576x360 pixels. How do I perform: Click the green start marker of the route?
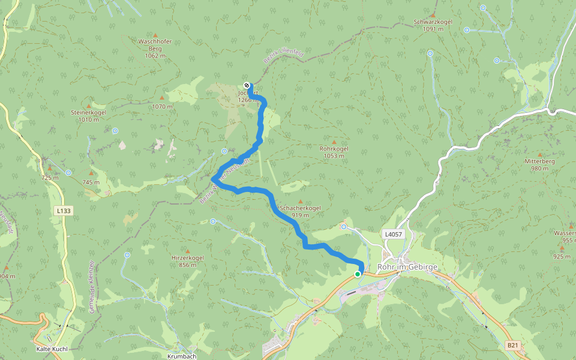pyautogui.click(x=358, y=274)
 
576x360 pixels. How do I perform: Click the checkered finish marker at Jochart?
pyautogui.click(x=247, y=86)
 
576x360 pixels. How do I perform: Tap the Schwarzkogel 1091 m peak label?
pyautogui.click(x=433, y=25)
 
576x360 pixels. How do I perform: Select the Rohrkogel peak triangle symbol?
pyautogui.click(x=334, y=142)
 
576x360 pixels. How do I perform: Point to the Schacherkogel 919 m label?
pyautogui.click(x=300, y=211)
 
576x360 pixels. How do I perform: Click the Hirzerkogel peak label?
pyautogui.click(x=187, y=261)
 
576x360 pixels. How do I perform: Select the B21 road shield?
pyautogui.click(x=512, y=345)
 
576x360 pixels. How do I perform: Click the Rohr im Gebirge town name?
pyautogui.click(x=407, y=267)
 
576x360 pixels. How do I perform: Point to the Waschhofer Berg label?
pyautogui.click(x=155, y=48)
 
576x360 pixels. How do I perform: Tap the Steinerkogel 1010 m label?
pyautogui.click(x=88, y=116)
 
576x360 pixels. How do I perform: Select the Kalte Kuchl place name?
pyautogui.click(x=52, y=349)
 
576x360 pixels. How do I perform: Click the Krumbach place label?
pyautogui.click(x=182, y=356)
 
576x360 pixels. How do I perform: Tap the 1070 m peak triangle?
pyautogui.click(x=162, y=98)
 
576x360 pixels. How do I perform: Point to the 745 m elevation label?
pyautogui.click(x=91, y=182)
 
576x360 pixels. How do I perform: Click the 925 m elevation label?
pyautogui.click(x=561, y=256)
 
